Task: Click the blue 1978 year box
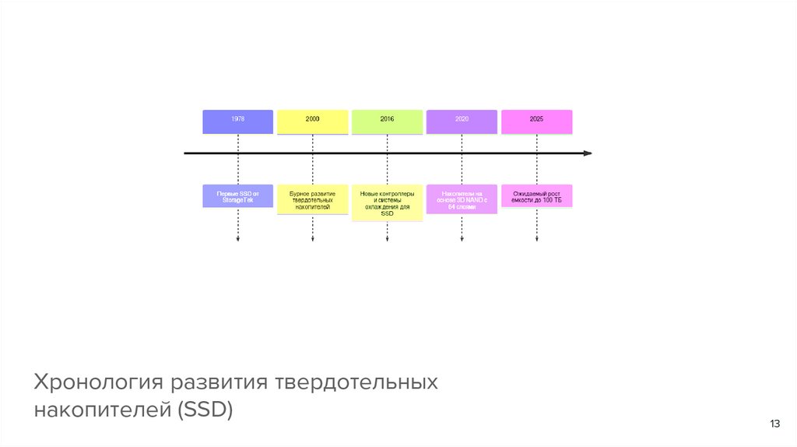coord(237,121)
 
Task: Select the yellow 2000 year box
coord(312,121)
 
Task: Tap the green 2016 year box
coord(387,121)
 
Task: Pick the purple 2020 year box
coord(462,121)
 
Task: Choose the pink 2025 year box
coord(536,121)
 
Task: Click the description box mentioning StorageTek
coord(237,195)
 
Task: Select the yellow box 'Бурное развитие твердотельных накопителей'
coord(312,199)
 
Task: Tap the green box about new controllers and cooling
coord(387,202)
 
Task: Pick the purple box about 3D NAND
coord(462,199)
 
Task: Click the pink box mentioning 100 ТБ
coord(536,195)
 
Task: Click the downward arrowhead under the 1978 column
coord(237,240)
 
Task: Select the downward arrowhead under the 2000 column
coord(312,240)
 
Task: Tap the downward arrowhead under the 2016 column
coord(387,240)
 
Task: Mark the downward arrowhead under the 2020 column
coord(462,240)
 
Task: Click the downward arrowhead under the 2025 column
coord(536,240)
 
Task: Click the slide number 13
coord(774,424)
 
